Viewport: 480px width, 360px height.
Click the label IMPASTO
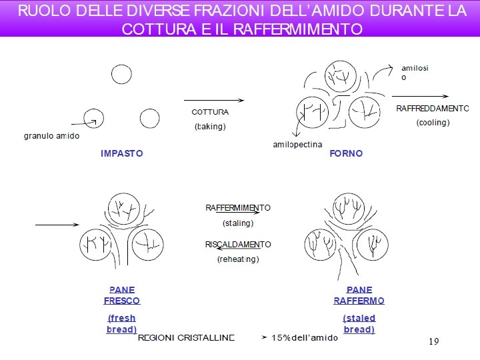[x=121, y=153]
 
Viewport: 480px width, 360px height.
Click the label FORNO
[x=346, y=153]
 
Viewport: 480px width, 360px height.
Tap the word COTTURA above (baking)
[x=210, y=112]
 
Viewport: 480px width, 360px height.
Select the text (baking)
[x=210, y=127]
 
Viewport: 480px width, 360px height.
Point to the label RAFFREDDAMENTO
[x=433, y=108]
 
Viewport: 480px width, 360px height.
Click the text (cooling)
[x=433, y=123]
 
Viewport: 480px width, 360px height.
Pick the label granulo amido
[x=51, y=136]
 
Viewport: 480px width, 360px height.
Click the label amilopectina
[x=297, y=145]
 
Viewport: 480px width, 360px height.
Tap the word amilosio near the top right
[x=415, y=72]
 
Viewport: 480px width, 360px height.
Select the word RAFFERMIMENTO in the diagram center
[x=238, y=208]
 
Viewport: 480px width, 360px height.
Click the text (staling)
[x=238, y=223]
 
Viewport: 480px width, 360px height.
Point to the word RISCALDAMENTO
[x=238, y=244]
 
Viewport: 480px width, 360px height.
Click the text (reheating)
[x=238, y=259]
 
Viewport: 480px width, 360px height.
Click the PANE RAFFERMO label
[x=359, y=295]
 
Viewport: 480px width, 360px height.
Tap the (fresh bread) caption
[x=121, y=323]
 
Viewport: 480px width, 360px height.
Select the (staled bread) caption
[x=359, y=323]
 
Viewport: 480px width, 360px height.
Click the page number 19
[x=433, y=341]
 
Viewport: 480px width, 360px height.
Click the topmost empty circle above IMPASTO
[x=121, y=74]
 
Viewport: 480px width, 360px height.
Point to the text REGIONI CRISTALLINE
[x=186, y=337]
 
